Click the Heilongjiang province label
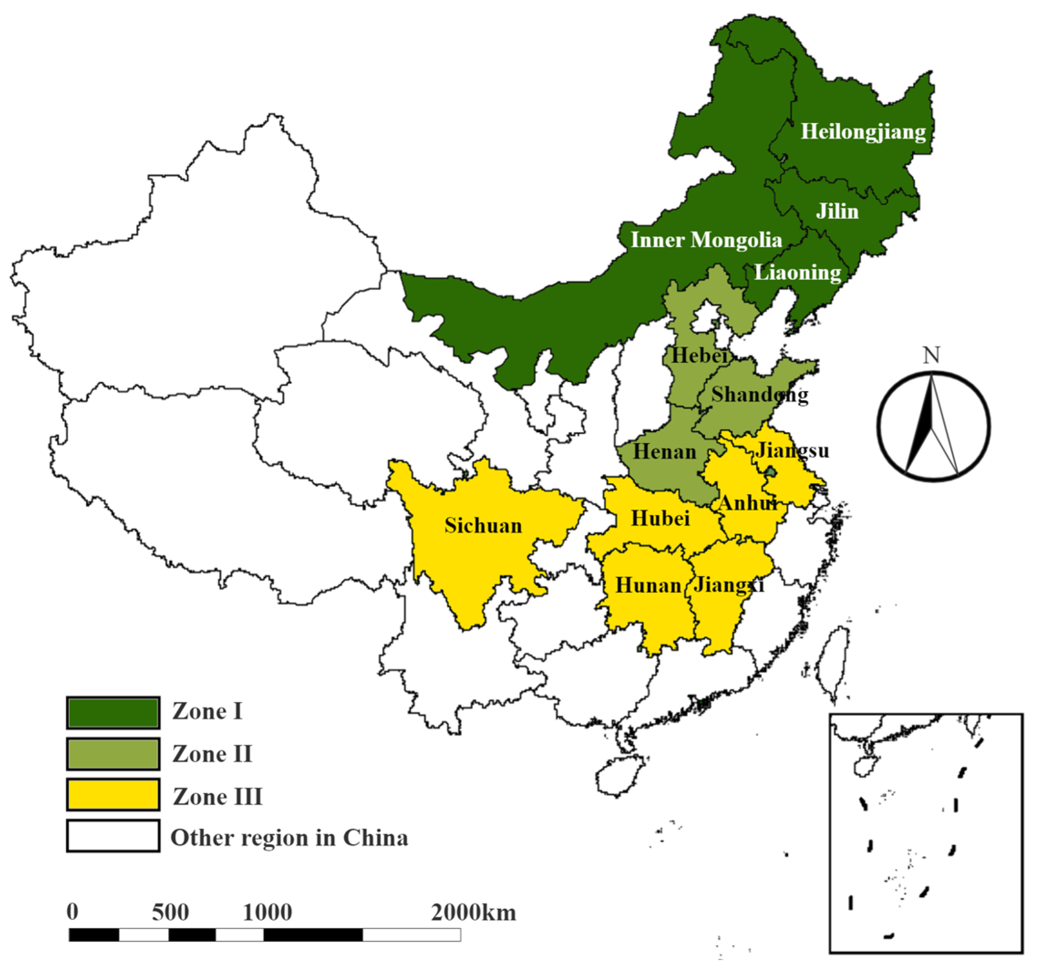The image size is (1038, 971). pos(863,132)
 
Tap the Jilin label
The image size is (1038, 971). pos(838,211)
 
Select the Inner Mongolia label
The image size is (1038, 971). pos(706,240)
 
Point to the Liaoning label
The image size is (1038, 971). pos(797,272)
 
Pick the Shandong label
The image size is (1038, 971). pos(760,395)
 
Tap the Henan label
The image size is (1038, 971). pos(665,452)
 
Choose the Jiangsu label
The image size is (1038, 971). pos(792,450)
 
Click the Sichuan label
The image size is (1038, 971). pos(483,526)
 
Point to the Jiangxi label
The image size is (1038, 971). pos(728,586)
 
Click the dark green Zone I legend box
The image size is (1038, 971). pos(113,713)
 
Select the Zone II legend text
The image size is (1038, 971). pos(212,755)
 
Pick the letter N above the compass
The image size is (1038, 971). pos(931,355)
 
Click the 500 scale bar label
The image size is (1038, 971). pos(170,913)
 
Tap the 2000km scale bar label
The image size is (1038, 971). pos(473,913)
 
